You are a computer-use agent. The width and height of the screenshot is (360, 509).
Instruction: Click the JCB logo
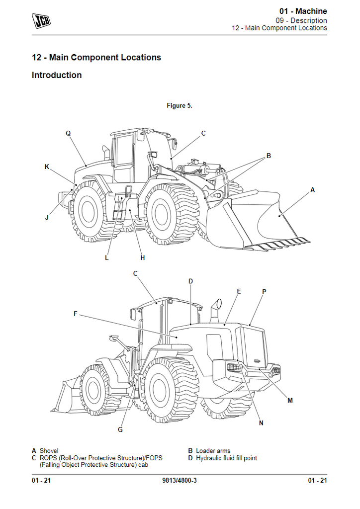click(42, 19)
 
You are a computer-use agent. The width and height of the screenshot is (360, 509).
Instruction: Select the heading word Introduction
click(57, 76)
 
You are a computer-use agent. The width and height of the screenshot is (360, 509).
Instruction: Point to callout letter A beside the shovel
click(313, 189)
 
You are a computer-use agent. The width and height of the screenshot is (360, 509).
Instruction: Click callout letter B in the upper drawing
click(269, 156)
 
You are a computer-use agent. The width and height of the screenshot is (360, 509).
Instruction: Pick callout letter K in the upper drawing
click(47, 167)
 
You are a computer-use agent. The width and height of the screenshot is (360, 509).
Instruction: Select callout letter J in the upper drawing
click(47, 217)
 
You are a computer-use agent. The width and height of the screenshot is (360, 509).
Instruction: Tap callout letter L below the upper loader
click(107, 258)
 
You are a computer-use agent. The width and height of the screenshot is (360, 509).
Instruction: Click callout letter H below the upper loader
click(143, 258)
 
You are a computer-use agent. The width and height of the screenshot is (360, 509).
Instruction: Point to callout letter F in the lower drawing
click(76, 314)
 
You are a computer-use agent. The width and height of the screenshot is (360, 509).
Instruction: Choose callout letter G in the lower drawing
click(120, 429)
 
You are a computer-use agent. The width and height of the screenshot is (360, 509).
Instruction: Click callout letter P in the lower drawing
click(264, 291)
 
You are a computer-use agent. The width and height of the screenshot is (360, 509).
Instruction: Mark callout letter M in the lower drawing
click(290, 400)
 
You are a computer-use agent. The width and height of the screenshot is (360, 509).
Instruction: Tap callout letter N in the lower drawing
click(261, 423)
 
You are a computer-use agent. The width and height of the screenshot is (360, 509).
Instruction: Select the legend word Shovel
click(49, 451)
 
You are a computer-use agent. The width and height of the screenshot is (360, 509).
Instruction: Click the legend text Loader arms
click(213, 451)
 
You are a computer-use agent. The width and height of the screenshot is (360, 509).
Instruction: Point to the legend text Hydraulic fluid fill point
click(226, 458)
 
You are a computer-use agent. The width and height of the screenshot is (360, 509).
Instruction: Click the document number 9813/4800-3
click(180, 480)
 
